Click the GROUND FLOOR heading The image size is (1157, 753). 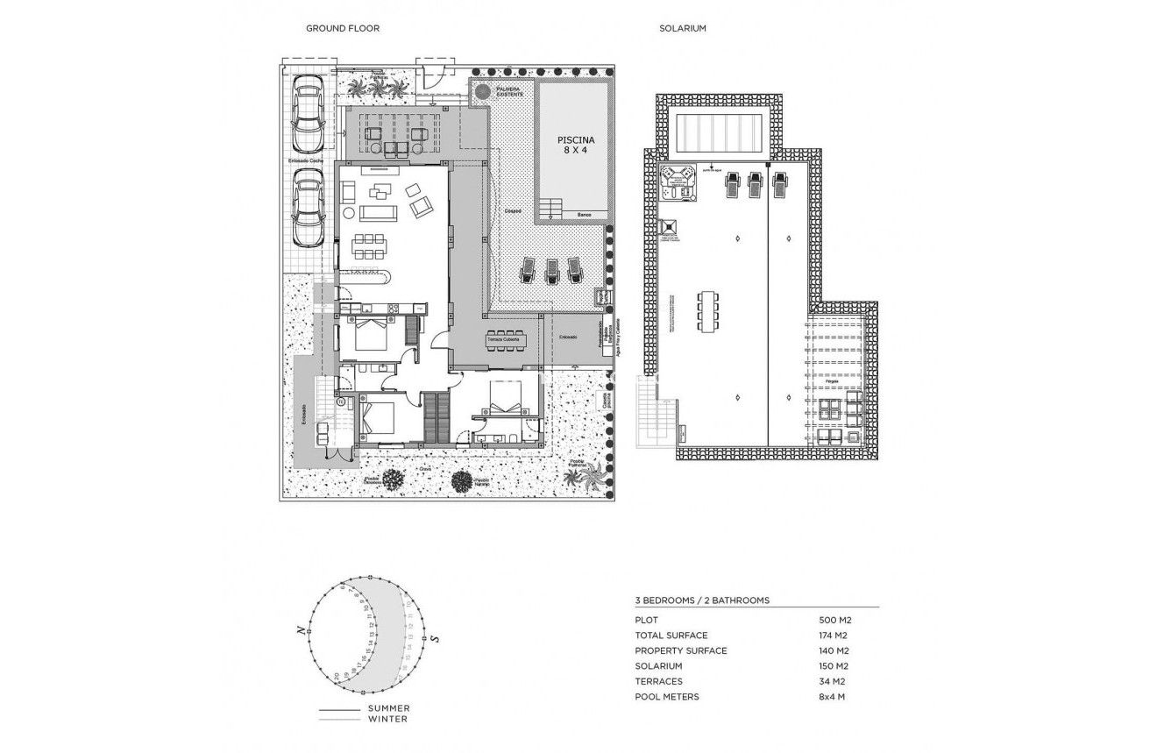[x=342, y=28]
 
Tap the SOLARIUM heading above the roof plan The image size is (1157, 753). [x=682, y=28]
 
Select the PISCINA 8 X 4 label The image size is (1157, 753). [x=577, y=145]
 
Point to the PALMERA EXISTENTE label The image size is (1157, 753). [x=509, y=91]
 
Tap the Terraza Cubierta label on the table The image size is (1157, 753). [x=504, y=339]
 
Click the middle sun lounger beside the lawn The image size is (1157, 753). [x=552, y=270]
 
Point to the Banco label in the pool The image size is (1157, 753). [x=584, y=215]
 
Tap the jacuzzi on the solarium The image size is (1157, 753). [x=677, y=182]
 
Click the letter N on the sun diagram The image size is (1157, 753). [x=301, y=629]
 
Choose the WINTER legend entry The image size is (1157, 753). [x=387, y=720]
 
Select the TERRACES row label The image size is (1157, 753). [x=658, y=681]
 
